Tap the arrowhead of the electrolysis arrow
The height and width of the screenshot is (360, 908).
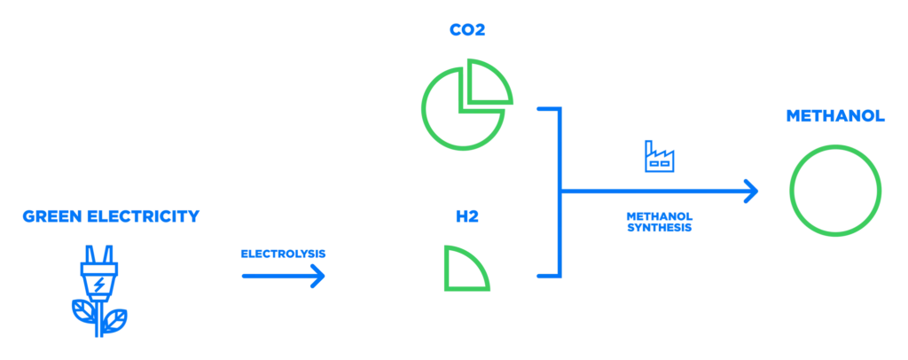317,277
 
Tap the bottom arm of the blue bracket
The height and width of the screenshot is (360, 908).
545,278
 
